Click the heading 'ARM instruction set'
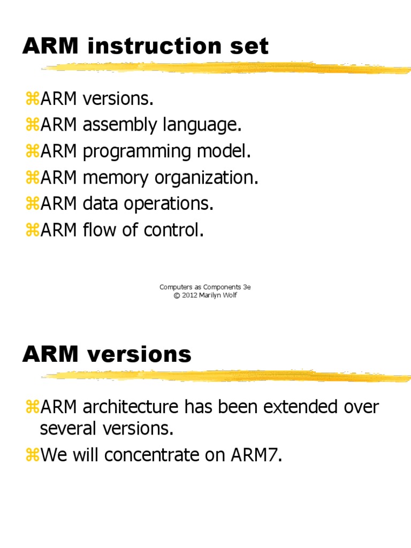pyautogui.click(x=145, y=47)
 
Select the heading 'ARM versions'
pyautogui.click(x=106, y=354)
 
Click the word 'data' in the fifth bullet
pyautogui.click(x=98, y=204)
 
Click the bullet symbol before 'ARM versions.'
pyautogui.click(x=32, y=99)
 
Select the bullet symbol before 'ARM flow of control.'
pyautogui.click(x=32, y=231)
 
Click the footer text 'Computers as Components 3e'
pyautogui.click(x=205, y=287)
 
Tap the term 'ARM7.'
pyautogui.click(x=255, y=455)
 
